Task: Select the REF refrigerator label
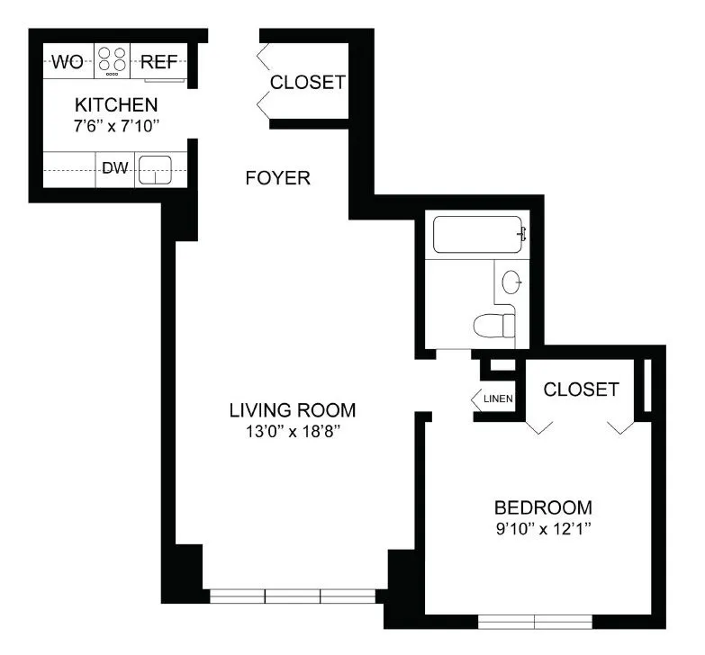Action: tap(160, 62)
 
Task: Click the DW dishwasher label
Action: tap(115, 167)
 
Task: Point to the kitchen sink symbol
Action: tap(155, 169)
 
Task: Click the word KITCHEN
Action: tap(116, 104)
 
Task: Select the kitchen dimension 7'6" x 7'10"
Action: tap(116, 126)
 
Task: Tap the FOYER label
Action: tap(277, 178)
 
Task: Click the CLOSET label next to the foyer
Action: tap(308, 82)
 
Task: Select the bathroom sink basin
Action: tap(511, 282)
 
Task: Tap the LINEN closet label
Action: tap(497, 399)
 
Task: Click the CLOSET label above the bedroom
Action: tap(581, 389)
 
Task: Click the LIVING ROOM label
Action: tap(292, 410)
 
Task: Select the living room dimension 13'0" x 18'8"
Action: tap(292, 432)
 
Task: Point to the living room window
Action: tap(293, 596)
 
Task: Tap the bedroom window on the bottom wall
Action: tap(535, 621)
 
